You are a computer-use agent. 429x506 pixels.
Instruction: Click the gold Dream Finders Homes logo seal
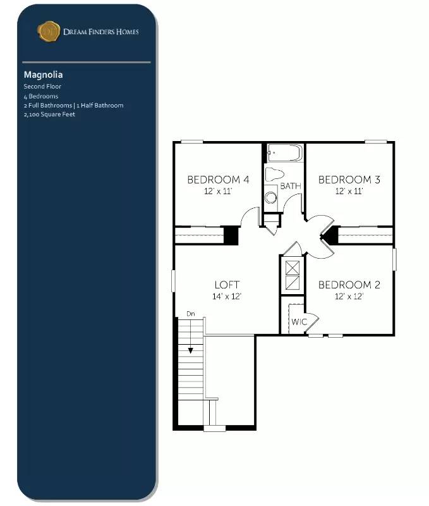click(x=49, y=31)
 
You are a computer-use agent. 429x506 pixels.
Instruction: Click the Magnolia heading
click(x=43, y=75)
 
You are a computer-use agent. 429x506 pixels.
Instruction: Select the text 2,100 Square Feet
click(x=49, y=114)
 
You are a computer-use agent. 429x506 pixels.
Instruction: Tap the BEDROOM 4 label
click(x=218, y=180)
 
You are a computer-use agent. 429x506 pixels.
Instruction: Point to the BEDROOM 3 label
click(x=349, y=180)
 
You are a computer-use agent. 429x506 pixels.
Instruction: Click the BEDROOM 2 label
click(x=349, y=285)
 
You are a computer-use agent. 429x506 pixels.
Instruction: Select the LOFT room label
click(x=227, y=285)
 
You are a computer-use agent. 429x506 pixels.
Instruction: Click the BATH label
click(x=291, y=186)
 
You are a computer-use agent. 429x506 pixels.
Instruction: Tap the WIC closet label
click(x=299, y=322)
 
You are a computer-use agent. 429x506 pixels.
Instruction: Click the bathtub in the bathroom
click(x=285, y=153)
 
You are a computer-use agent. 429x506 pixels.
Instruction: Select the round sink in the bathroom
click(x=271, y=197)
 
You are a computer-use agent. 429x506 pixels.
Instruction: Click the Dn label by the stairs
click(x=190, y=314)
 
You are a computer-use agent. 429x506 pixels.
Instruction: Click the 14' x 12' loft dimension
click(x=227, y=296)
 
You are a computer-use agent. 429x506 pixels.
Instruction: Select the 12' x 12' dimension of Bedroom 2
click(x=349, y=296)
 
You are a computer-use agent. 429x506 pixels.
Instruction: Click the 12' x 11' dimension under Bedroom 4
click(x=218, y=191)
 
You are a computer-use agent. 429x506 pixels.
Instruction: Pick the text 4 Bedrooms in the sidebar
click(x=41, y=96)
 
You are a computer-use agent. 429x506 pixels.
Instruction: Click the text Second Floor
click(x=42, y=86)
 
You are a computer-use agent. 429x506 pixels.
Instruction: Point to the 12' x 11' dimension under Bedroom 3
click(x=349, y=191)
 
